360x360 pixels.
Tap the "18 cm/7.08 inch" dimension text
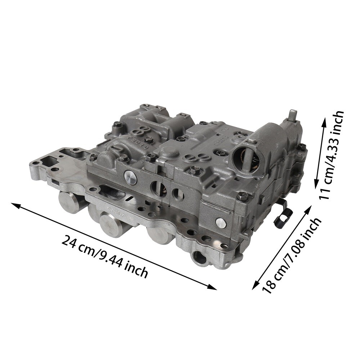pyautogui.click(x=292, y=255)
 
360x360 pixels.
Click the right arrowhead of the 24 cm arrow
pyautogui.click(x=213, y=287)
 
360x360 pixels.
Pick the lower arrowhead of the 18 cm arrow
pyautogui.click(x=255, y=285)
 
